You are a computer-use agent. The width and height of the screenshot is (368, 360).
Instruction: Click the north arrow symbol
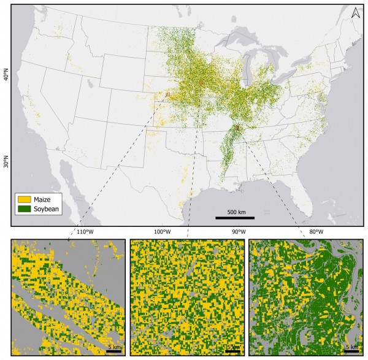coord(355,12)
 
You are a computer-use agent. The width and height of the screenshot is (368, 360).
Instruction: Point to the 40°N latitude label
coord(6,75)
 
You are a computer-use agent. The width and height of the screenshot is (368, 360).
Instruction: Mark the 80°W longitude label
coord(316,232)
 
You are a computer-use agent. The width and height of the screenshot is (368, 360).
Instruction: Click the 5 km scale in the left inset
coord(113,347)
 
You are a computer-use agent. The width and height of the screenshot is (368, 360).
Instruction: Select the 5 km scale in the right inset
coord(351,347)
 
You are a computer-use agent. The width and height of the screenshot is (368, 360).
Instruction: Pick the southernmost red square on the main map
coord(237,128)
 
